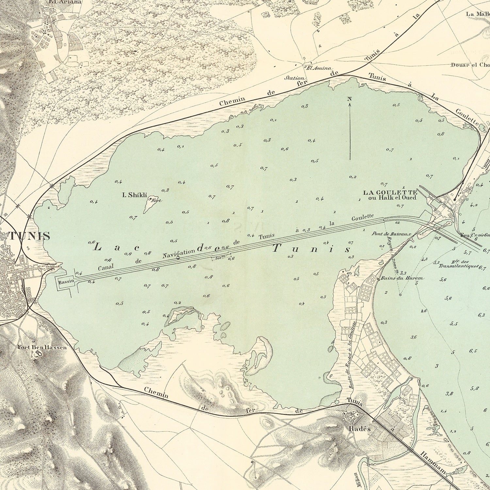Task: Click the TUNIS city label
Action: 29,236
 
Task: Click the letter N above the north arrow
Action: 349,99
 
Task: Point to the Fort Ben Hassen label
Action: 42,347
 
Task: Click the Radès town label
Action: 359,429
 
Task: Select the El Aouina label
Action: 314,68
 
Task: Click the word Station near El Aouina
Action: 295,78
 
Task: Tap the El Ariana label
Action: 61,1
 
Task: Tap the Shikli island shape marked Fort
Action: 151,202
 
